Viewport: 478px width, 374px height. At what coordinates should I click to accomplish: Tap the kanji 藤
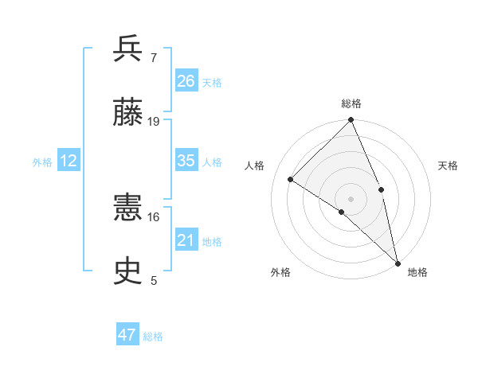coord(128,113)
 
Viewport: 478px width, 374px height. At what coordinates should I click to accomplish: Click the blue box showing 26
coord(186,81)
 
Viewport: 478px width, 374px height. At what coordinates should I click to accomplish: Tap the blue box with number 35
coord(186,161)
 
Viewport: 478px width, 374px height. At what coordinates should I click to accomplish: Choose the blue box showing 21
coord(186,240)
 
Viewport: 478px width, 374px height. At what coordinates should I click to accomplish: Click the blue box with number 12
coord(69,161)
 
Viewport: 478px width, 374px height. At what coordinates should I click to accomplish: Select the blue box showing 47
coord(127,335)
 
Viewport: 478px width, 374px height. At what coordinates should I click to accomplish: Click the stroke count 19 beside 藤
coord(154,121)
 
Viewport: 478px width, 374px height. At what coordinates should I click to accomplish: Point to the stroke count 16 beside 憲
coord(154,216)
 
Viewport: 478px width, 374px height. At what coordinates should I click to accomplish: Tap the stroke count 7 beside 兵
coord(153,57)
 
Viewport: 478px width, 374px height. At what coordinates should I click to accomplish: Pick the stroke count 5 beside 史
coord(153,280)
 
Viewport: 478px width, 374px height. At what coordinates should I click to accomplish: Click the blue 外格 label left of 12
coord(42,162)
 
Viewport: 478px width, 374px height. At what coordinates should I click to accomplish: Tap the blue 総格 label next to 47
coord(153,337)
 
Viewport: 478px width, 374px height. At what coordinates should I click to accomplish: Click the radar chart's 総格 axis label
coord(351,103)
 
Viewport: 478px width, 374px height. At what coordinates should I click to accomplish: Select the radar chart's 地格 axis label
coord(417,272)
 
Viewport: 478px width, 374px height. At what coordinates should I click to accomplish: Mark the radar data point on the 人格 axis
coord(291,180)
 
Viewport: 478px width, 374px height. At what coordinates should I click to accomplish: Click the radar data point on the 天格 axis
coord(381,189)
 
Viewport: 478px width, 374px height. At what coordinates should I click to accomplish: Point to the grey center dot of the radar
coord(351,198)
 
